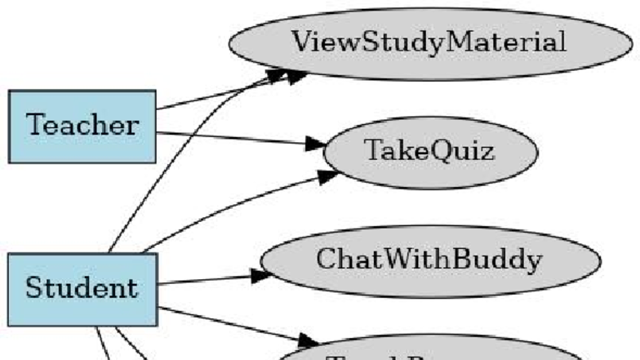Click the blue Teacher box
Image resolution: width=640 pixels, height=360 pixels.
pyautogui.click(x=82, y=126)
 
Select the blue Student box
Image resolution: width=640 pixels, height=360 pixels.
pyautogui.click(x=82, y=288)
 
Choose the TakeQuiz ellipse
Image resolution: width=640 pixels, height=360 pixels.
pyautogui.click(x=430, y=151)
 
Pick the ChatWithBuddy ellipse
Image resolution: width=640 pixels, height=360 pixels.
pyautogui.click(x=429, y=260)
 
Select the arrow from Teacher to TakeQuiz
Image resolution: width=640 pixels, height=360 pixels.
pyautogui.click(x=237, y=140)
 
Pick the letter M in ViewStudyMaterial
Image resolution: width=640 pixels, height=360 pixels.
pyautogui.click(x=453, y=42)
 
